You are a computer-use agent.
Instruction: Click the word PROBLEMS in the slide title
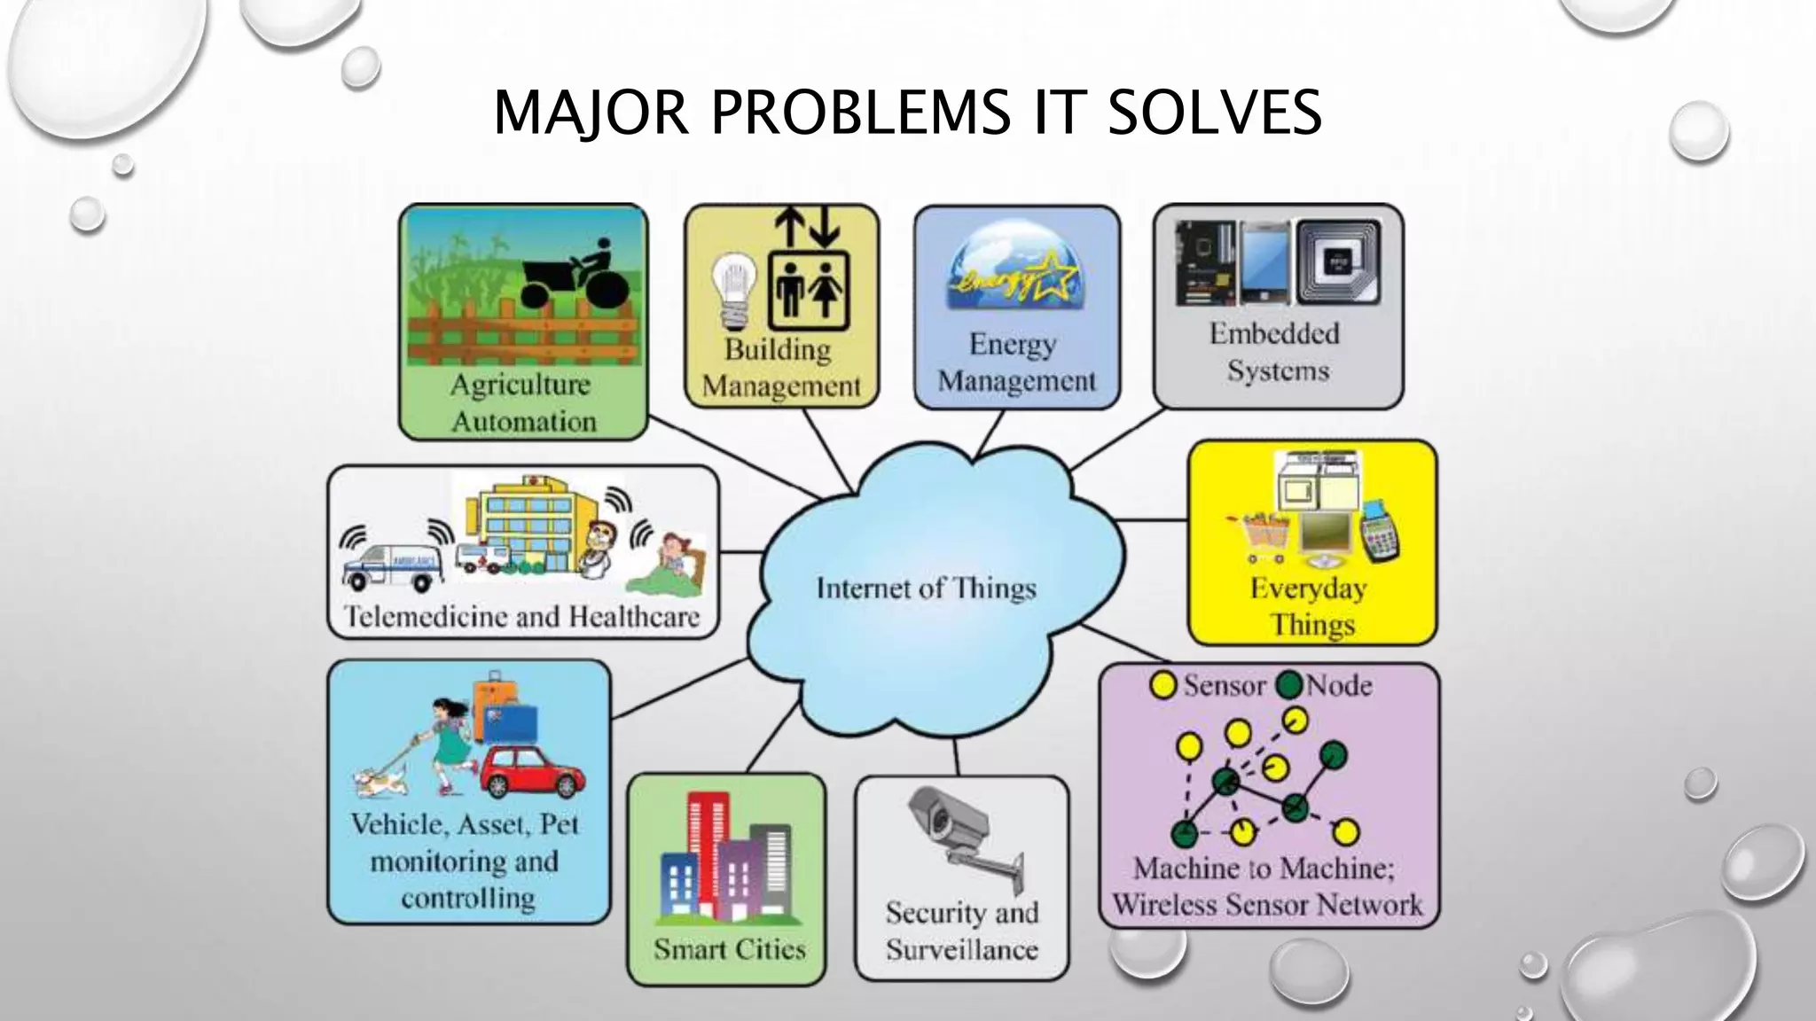pyautogui.click(x=860, y=113)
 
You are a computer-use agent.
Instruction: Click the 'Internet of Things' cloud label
pyautogui.click(x=926, y=588)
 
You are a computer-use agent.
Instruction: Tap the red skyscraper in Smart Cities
pyautogui.click(x=708, y=851)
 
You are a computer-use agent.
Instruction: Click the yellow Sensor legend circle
pyautogui.click(x=1162, y=685)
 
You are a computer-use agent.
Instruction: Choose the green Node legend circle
pyautogui.click(x=1289, y=685)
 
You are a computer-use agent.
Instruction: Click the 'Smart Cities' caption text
pyautogui.click(x=730, y=949)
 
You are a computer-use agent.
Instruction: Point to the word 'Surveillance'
pyautogui.click(x=962, y=950)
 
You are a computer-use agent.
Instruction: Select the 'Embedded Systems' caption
pyautogui.click(x=1276, y=352)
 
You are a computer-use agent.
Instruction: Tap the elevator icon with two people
pyautogui.click(x=808, y=288)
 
